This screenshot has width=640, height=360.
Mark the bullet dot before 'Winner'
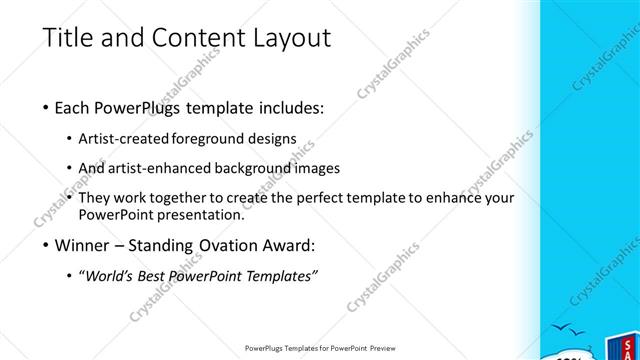click(x=48, y=245)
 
